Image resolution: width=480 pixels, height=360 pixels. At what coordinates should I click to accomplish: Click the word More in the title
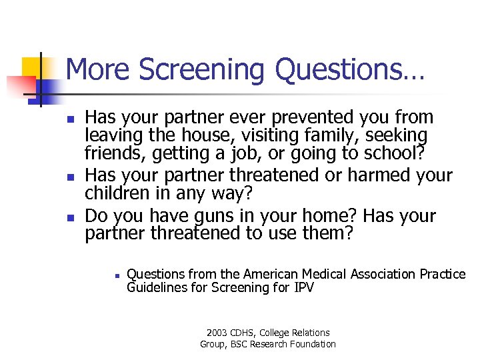tap(97, 70)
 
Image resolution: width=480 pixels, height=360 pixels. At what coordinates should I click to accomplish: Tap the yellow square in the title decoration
tap(33, 69)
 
